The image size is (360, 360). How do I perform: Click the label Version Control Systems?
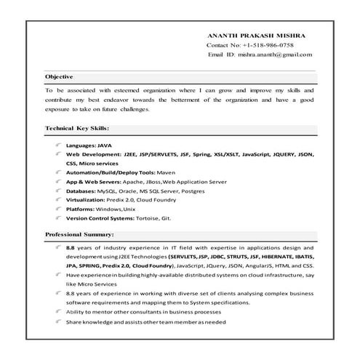pyautogui.click(x=97, y=218)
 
